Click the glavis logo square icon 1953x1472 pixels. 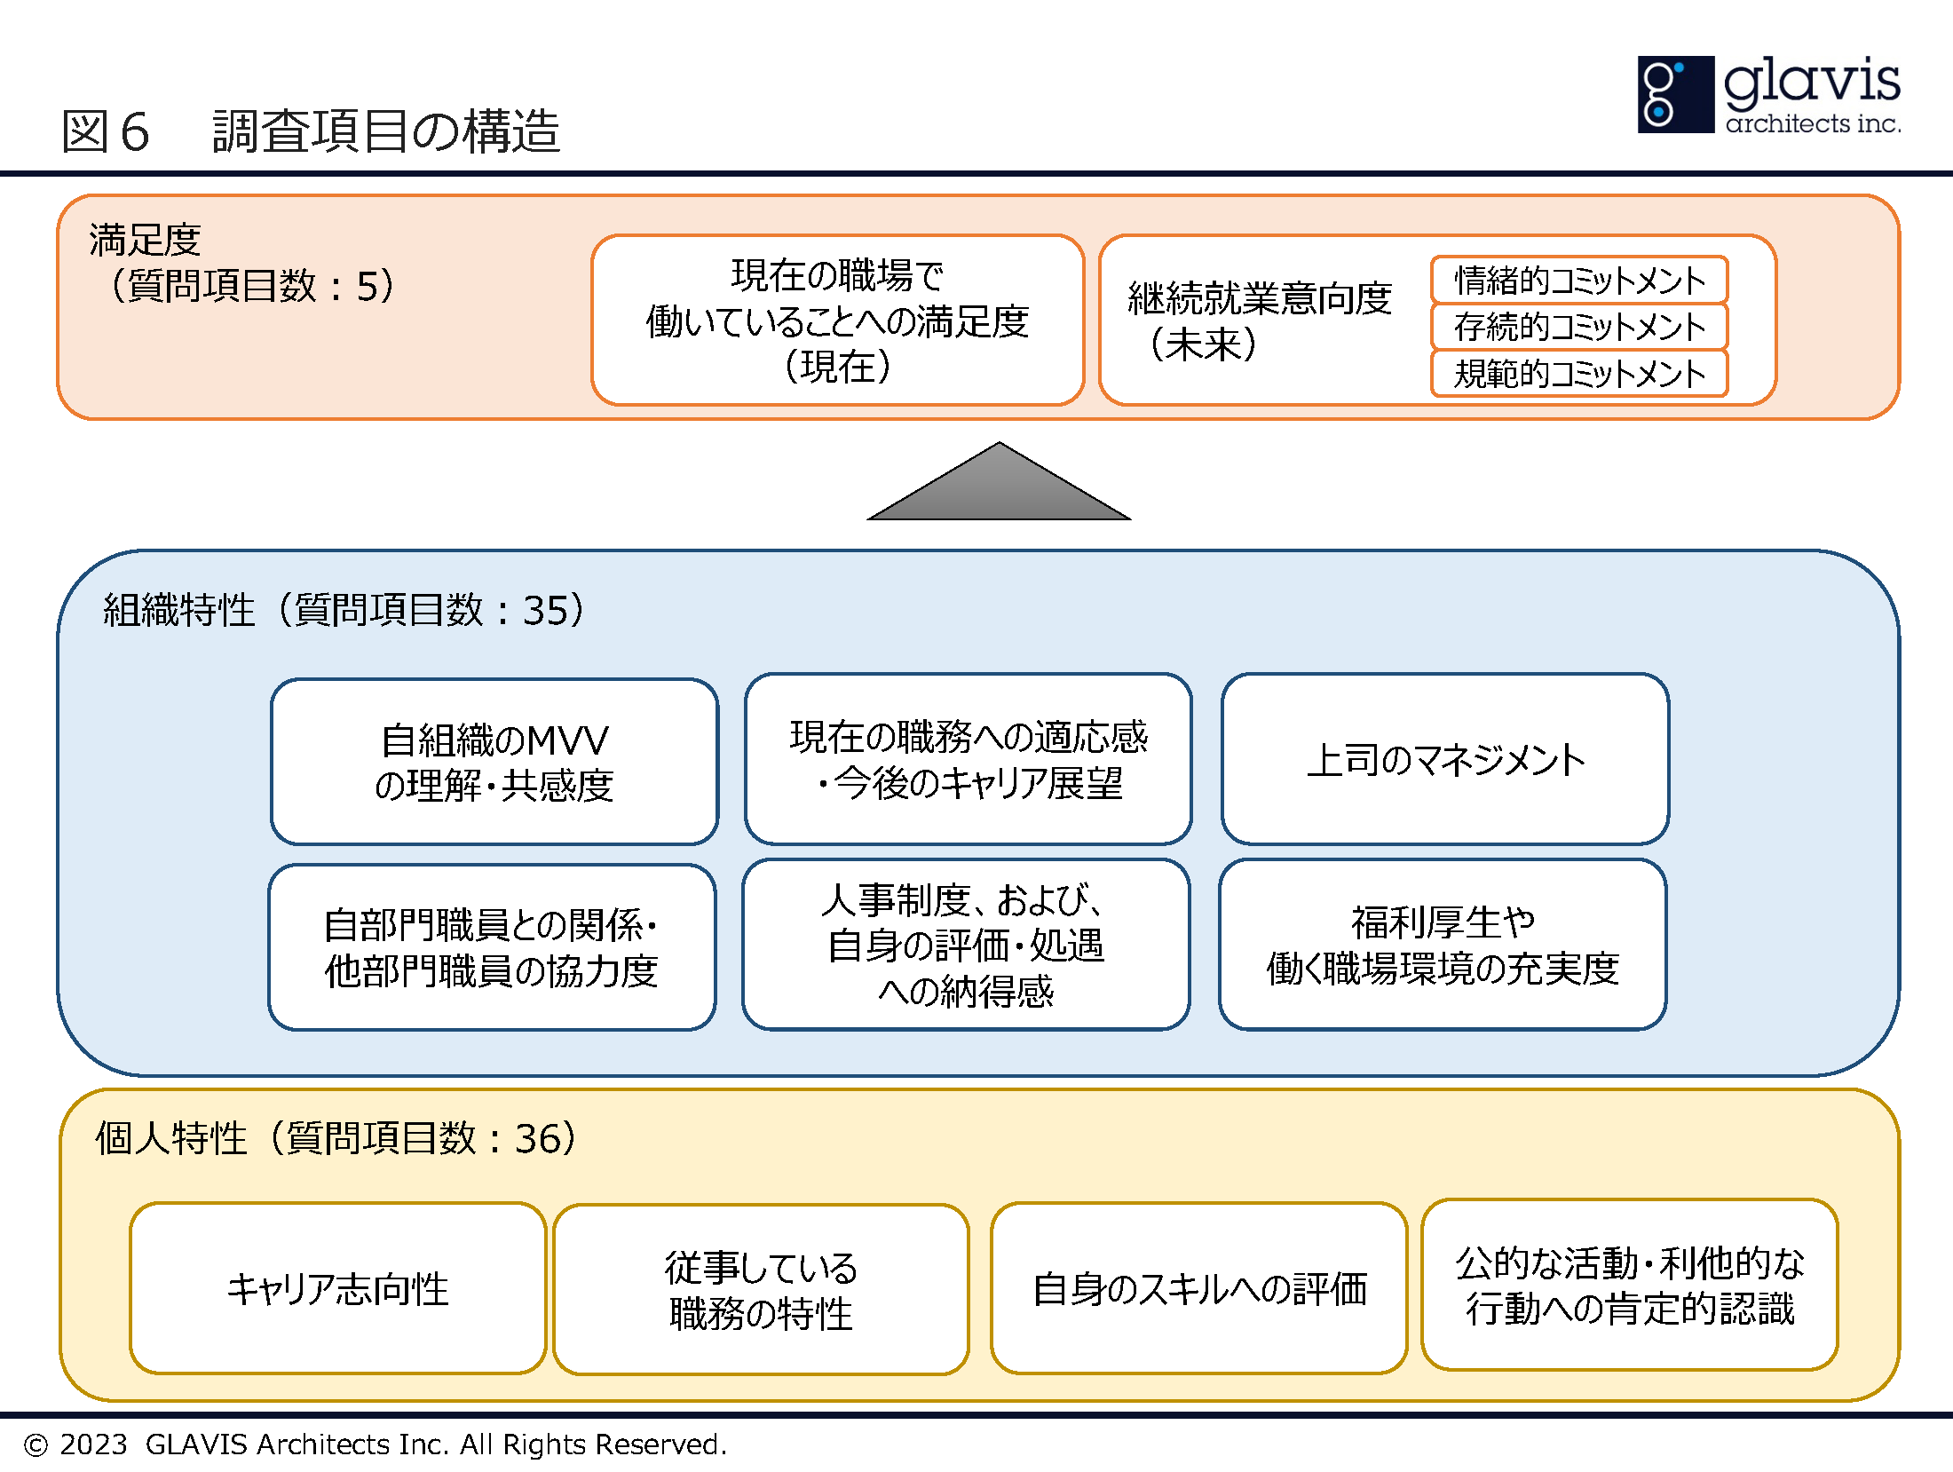coord(1675,94)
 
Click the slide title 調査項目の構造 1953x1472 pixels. coord(386,131)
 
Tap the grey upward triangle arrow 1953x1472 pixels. coord(999,485)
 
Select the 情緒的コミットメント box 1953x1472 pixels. coord(1578,281)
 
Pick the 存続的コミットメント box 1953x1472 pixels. coord(1578,327)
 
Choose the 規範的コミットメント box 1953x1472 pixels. coord(1578,373)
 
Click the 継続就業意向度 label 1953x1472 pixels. coord(1259,298)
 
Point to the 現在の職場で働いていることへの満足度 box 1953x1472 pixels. coord(837,321)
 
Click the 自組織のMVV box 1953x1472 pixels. coord(494,762)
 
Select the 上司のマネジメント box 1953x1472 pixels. coord(1444,760)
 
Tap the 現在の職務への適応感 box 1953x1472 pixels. coord(968,759)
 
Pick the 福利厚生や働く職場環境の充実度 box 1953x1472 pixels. coord(1443,945)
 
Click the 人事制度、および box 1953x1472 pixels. coord(966,945)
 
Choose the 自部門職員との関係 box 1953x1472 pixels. coord(492,947)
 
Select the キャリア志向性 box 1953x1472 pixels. coord(337,1288)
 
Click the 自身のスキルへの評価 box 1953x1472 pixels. coord(1198,1288)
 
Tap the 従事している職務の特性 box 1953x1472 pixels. coord(761,1290)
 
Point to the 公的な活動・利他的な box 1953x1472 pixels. coord(1629,1285)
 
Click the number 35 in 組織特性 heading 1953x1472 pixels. coord(545,610)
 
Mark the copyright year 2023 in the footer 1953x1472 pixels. coord(93,1444)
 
